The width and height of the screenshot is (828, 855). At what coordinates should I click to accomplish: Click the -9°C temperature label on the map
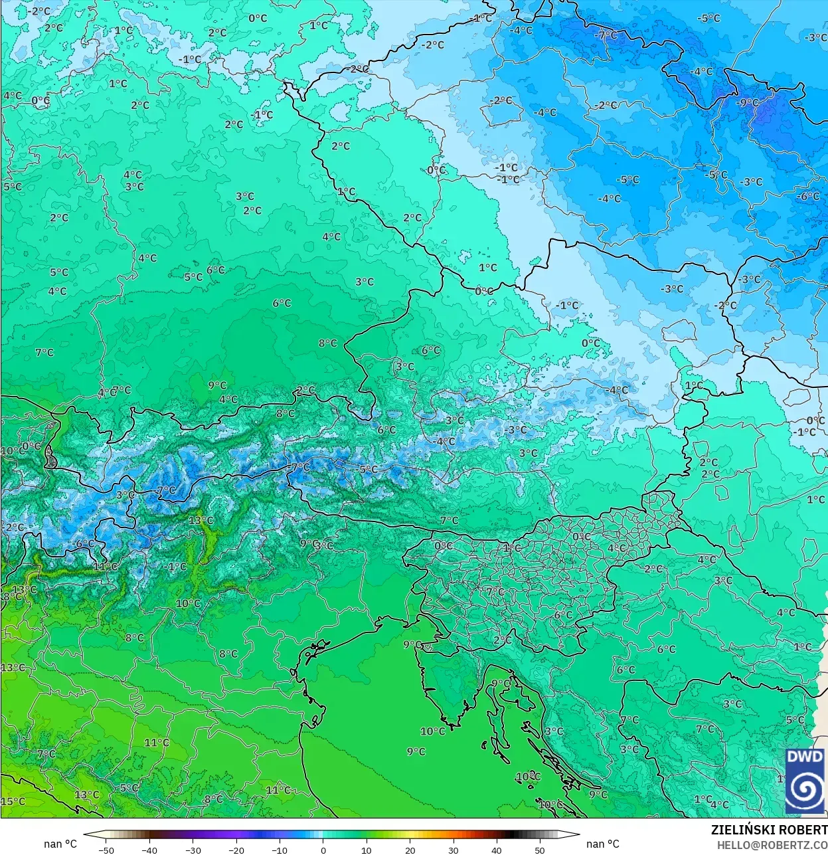click(x=748, y=102)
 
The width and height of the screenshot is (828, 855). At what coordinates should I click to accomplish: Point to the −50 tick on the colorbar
click(x=106, y=850)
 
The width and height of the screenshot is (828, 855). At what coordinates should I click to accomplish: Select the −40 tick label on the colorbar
click(x=149, y=850)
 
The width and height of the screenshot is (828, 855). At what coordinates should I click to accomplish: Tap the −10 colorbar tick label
click(x=280, y=850)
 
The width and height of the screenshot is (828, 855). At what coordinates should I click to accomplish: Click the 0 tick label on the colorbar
click(x=323, y=850)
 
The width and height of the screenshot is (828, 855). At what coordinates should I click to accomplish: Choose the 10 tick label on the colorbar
click(x=366, y=850)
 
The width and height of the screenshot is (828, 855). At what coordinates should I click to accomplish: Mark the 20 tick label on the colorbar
click(x=410, y=850)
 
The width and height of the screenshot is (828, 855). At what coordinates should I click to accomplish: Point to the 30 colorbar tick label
click(x=453, y=850)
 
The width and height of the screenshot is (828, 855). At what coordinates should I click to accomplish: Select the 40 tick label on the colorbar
click(x=496, y=850)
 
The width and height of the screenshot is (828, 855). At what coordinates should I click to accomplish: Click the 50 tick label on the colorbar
click(x=539, y=850)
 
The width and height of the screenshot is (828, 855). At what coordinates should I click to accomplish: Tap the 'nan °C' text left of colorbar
click(x=60, y=844)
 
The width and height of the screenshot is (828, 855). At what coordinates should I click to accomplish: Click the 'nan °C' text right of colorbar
click(x=602, y=844)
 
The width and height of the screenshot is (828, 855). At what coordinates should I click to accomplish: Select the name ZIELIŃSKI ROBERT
click(x=769, y=830)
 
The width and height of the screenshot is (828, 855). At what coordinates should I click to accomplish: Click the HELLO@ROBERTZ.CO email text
click(x=772, y=844)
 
